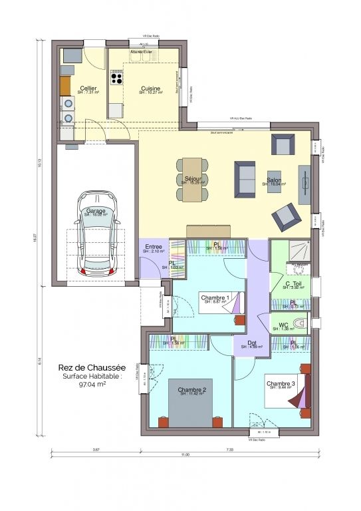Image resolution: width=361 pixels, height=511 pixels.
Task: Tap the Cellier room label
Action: (88, 88)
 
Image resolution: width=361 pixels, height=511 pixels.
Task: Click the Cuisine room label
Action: (150, 88)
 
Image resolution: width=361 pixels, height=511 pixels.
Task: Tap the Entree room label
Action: (154, 248)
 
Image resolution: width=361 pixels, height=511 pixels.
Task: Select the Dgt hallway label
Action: (252, 343)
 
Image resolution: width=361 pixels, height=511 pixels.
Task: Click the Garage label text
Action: (97, 211)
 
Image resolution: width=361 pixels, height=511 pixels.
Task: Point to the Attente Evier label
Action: (140, 51)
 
